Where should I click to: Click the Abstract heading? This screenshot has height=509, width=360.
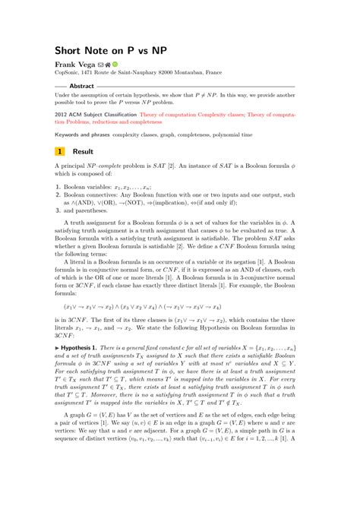click(x=81, y=87)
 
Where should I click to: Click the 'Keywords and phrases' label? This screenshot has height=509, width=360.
click(x=82, y=134)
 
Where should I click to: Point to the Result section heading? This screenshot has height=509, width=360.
click(x=83, y=151)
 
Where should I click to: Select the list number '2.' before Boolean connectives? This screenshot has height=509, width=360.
click(x=58, y=194)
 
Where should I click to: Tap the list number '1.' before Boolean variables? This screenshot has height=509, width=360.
click(x=58, y=186)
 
